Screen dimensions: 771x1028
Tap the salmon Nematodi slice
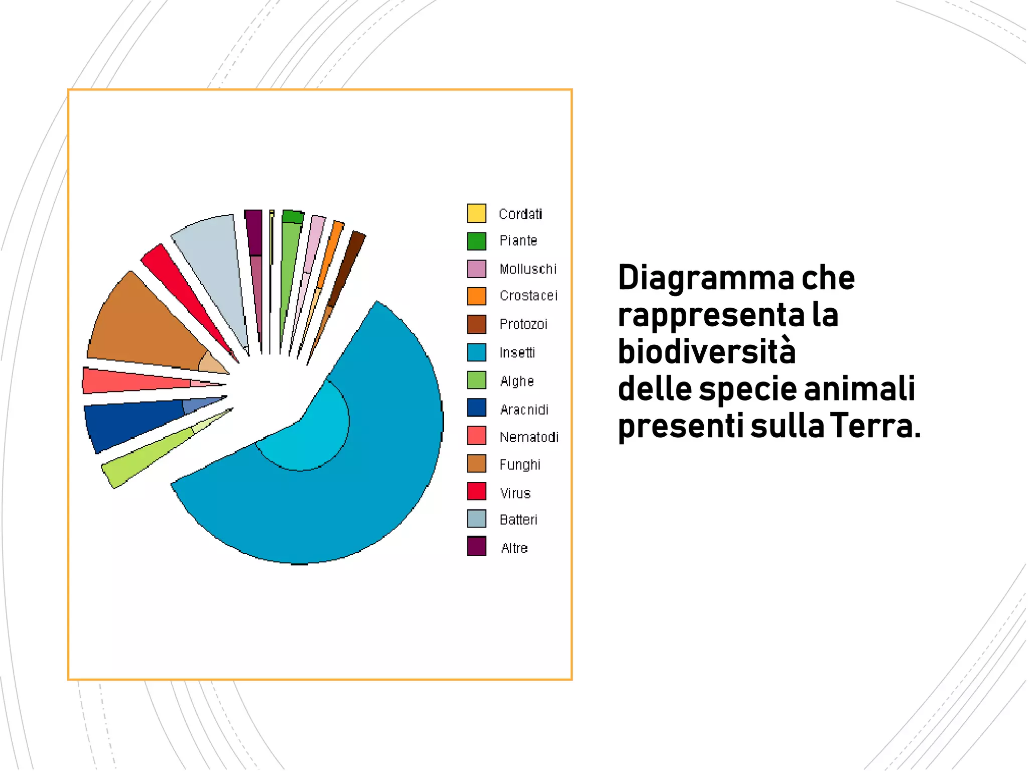(131, 381)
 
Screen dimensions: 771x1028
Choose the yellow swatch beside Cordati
(476, 213)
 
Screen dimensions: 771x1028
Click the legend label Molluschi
(528, 269)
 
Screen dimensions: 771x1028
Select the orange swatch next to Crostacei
(476, 296)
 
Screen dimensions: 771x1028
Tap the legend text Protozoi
(523, 324)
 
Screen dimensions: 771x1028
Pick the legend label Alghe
(517, 381)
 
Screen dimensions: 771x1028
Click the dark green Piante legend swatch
(476, 241)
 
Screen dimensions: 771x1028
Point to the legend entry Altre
(514, 548)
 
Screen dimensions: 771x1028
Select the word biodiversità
(707, 351)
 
